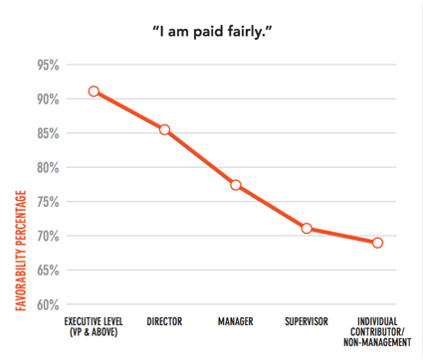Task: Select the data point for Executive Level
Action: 94,91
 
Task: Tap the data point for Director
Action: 164,129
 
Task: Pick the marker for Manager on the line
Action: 235,185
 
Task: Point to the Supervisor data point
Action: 307,229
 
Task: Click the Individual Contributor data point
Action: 378,243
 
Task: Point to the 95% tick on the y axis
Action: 47,66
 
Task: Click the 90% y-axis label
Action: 47,99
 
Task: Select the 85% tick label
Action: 47,133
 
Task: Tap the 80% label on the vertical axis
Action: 47,168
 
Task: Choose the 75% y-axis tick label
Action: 47,202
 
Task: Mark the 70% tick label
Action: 47,236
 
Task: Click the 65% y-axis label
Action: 47,270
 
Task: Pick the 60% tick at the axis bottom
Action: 47,304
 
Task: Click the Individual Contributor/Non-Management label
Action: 378,329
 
